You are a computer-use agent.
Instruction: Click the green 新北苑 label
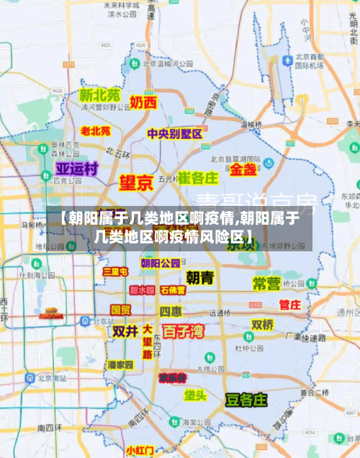pos(100,95)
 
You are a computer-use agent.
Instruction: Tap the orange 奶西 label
pos(143,102)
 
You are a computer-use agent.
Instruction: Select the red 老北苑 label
pos(95,131)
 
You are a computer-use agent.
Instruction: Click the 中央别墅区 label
pos(174,134)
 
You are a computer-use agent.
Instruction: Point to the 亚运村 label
pos(77,169)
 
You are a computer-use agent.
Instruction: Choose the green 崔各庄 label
pos(198,177)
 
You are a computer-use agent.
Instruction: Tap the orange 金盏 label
pos(243,170)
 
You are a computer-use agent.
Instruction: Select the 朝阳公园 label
pos(161,263)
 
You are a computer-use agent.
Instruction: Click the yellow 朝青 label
pos(199,277)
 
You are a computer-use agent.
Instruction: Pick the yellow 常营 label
pos(266,283)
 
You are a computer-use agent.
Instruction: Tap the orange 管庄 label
pos(289,305)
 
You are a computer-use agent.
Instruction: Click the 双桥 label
pos(262,325)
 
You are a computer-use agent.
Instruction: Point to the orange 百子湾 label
pos(183,332)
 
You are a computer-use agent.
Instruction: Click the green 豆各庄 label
pos(246,399)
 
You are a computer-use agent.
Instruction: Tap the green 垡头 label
pos(195,395)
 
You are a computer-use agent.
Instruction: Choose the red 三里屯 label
pos(115,271)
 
